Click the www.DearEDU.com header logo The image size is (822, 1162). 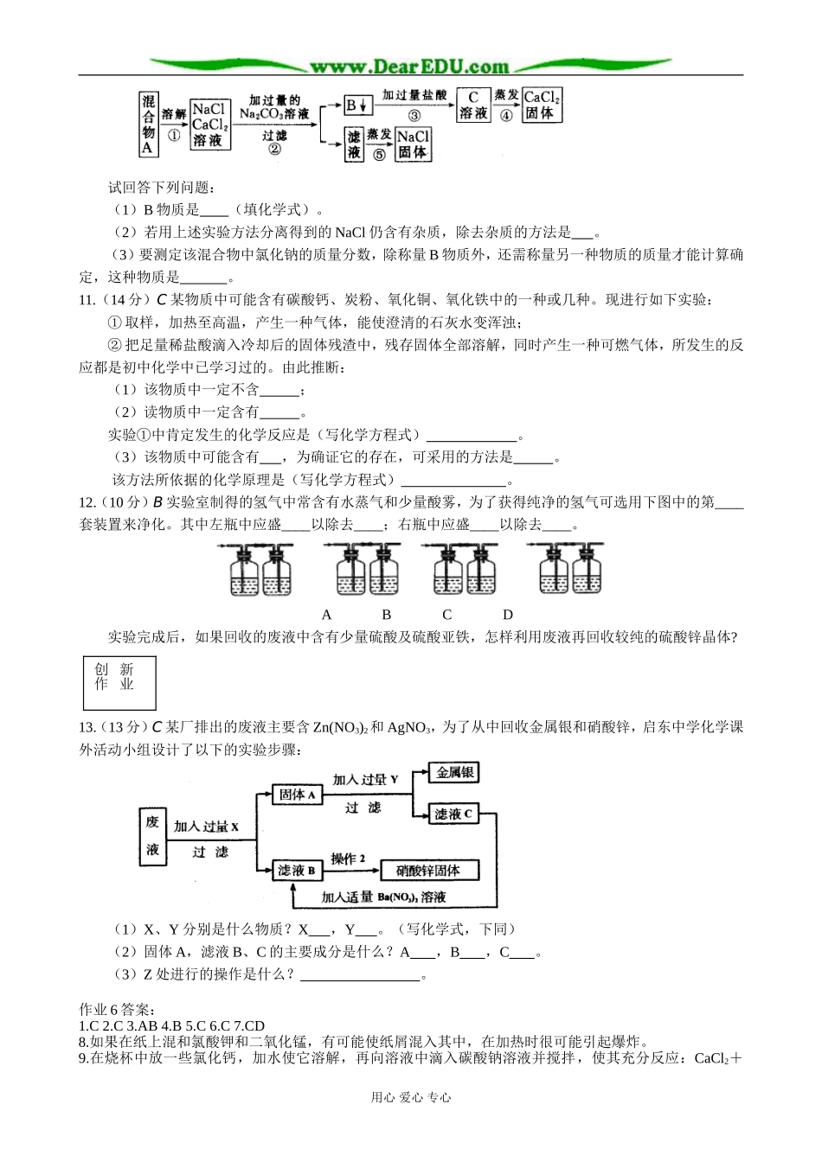tap(410, 66)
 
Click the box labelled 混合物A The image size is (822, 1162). tap(148, 124)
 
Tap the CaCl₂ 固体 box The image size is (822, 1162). tap(543, 105)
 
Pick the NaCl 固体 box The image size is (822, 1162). tap(413, 144)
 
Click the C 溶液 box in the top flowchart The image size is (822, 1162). tap(473, 105)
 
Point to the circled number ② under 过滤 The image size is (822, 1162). tap(274, 150)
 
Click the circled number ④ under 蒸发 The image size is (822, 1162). tap(506, 116)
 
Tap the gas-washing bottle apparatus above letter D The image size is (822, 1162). tap(566, 570)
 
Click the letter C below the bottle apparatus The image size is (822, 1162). tap(446, 615)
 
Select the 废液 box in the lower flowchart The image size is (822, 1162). tap(152, 837)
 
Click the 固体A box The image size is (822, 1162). tap(298, 794)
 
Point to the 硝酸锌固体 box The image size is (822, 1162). tap(428, 870)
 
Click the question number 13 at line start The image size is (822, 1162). tap(87, 727)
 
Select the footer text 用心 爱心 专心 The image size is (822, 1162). tap(410, 1097)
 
